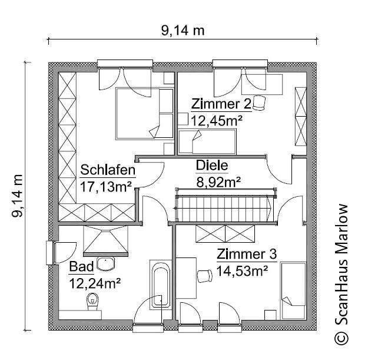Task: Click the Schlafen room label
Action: [108, 171]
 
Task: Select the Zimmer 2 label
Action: [221, 104]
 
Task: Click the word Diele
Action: [211, 166]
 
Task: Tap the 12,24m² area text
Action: [95, 283]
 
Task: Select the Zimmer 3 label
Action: [246, 255]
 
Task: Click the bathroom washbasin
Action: [105, 263]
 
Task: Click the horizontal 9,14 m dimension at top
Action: [183, 31]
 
